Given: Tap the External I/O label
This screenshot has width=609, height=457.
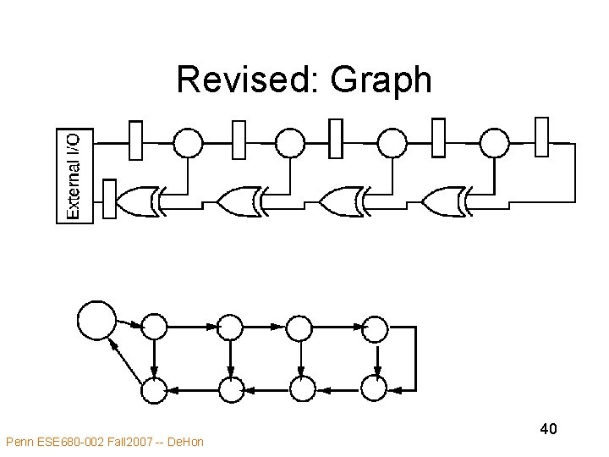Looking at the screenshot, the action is pyautogui.click(x=74, y=174).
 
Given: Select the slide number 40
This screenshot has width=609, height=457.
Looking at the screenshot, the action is pyautogui.click(x=548, y=429).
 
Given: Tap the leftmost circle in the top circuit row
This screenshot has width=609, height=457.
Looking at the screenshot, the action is pyautogui.click(x=188, y=141).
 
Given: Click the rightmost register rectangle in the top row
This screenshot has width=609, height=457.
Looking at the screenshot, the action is pyautogui.click(x=542, y=138).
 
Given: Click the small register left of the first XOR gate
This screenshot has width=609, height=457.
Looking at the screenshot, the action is pyautogui.click(x=109, y=199).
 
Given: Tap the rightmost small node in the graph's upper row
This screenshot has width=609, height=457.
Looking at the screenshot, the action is pyautogui.click(x=374, y=328).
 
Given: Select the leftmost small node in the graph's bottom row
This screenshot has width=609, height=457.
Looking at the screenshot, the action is pyautogui.click(x=153, y=389).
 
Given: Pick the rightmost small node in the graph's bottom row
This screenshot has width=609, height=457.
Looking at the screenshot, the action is pyautogui.click(x=374, y=389).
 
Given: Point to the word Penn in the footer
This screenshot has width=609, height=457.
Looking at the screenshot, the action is pyautogui.click(x=19, y=441).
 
